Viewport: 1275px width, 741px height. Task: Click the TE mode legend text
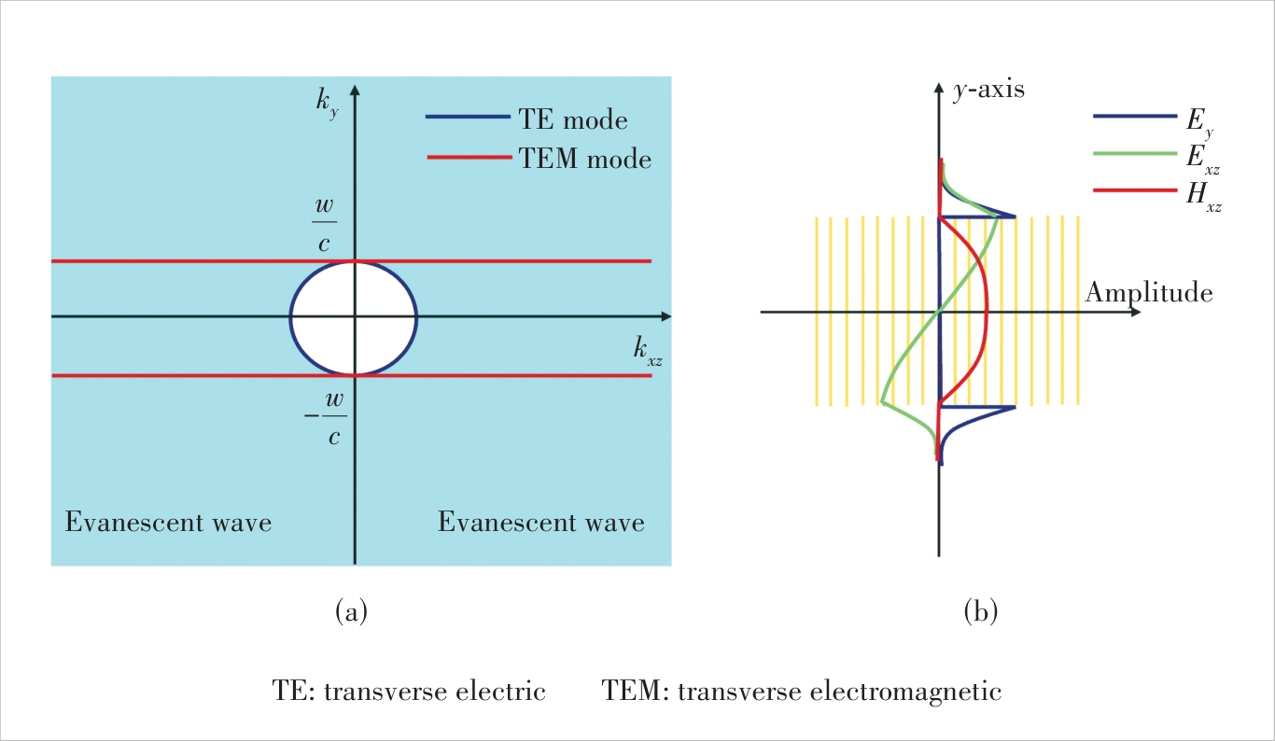[573, 119]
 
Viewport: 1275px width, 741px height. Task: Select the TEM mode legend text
[585, 159]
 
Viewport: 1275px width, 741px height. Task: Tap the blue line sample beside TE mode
[468, 118]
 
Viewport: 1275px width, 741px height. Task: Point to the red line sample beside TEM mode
[469, 157]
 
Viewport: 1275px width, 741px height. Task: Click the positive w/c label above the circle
[325, 224]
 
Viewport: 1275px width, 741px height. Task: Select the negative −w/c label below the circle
[326, 418]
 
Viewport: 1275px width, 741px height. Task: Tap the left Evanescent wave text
[168, 522]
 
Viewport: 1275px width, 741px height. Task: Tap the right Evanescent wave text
[540, 522]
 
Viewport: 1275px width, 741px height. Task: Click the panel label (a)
[351, 612]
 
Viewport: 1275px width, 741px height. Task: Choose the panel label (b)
[981, 612]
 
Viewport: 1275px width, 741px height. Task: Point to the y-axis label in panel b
[988, 90]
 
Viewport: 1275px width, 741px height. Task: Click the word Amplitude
[1149, 293]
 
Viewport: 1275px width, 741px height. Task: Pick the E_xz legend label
[1203, 160]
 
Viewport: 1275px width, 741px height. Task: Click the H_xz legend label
[1204, 197]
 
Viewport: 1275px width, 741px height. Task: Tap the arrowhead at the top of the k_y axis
[356, 90]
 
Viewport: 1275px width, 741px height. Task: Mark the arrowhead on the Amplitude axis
[1136, 312]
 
